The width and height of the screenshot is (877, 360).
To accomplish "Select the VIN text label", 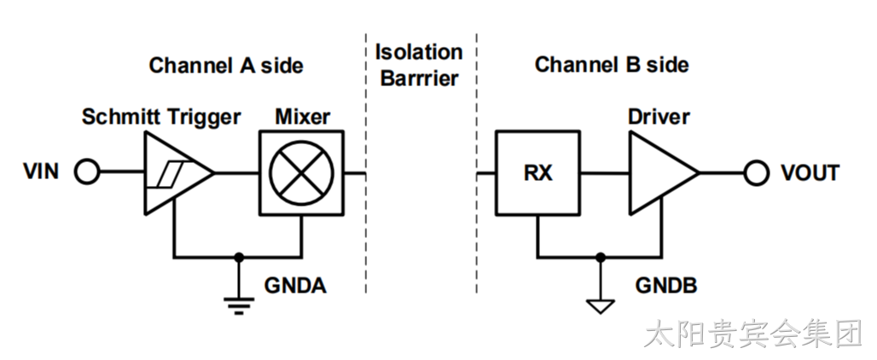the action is tap(41, 172).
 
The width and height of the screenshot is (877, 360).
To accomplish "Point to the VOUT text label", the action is tap(810, 172).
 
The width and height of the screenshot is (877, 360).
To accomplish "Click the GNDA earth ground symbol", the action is tap(239, 305).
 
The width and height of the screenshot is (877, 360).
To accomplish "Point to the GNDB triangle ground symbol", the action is tap(600, 306).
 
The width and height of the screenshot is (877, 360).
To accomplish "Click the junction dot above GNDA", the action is tap(239, 257).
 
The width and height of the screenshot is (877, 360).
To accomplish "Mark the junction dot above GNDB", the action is tap(600, 257).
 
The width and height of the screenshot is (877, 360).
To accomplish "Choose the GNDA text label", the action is tap(295, 287).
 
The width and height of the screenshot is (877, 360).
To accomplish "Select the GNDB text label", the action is tap(666, 287).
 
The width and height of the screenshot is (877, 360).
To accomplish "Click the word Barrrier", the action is tap(419, 78).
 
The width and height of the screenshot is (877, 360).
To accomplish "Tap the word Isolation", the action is tap(418, 53).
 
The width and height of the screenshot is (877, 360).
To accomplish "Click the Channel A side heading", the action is tap(226, 66).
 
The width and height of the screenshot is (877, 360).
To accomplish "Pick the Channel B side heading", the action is tap(612, 65).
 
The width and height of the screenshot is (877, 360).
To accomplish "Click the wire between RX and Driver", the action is tap(605, 172).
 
